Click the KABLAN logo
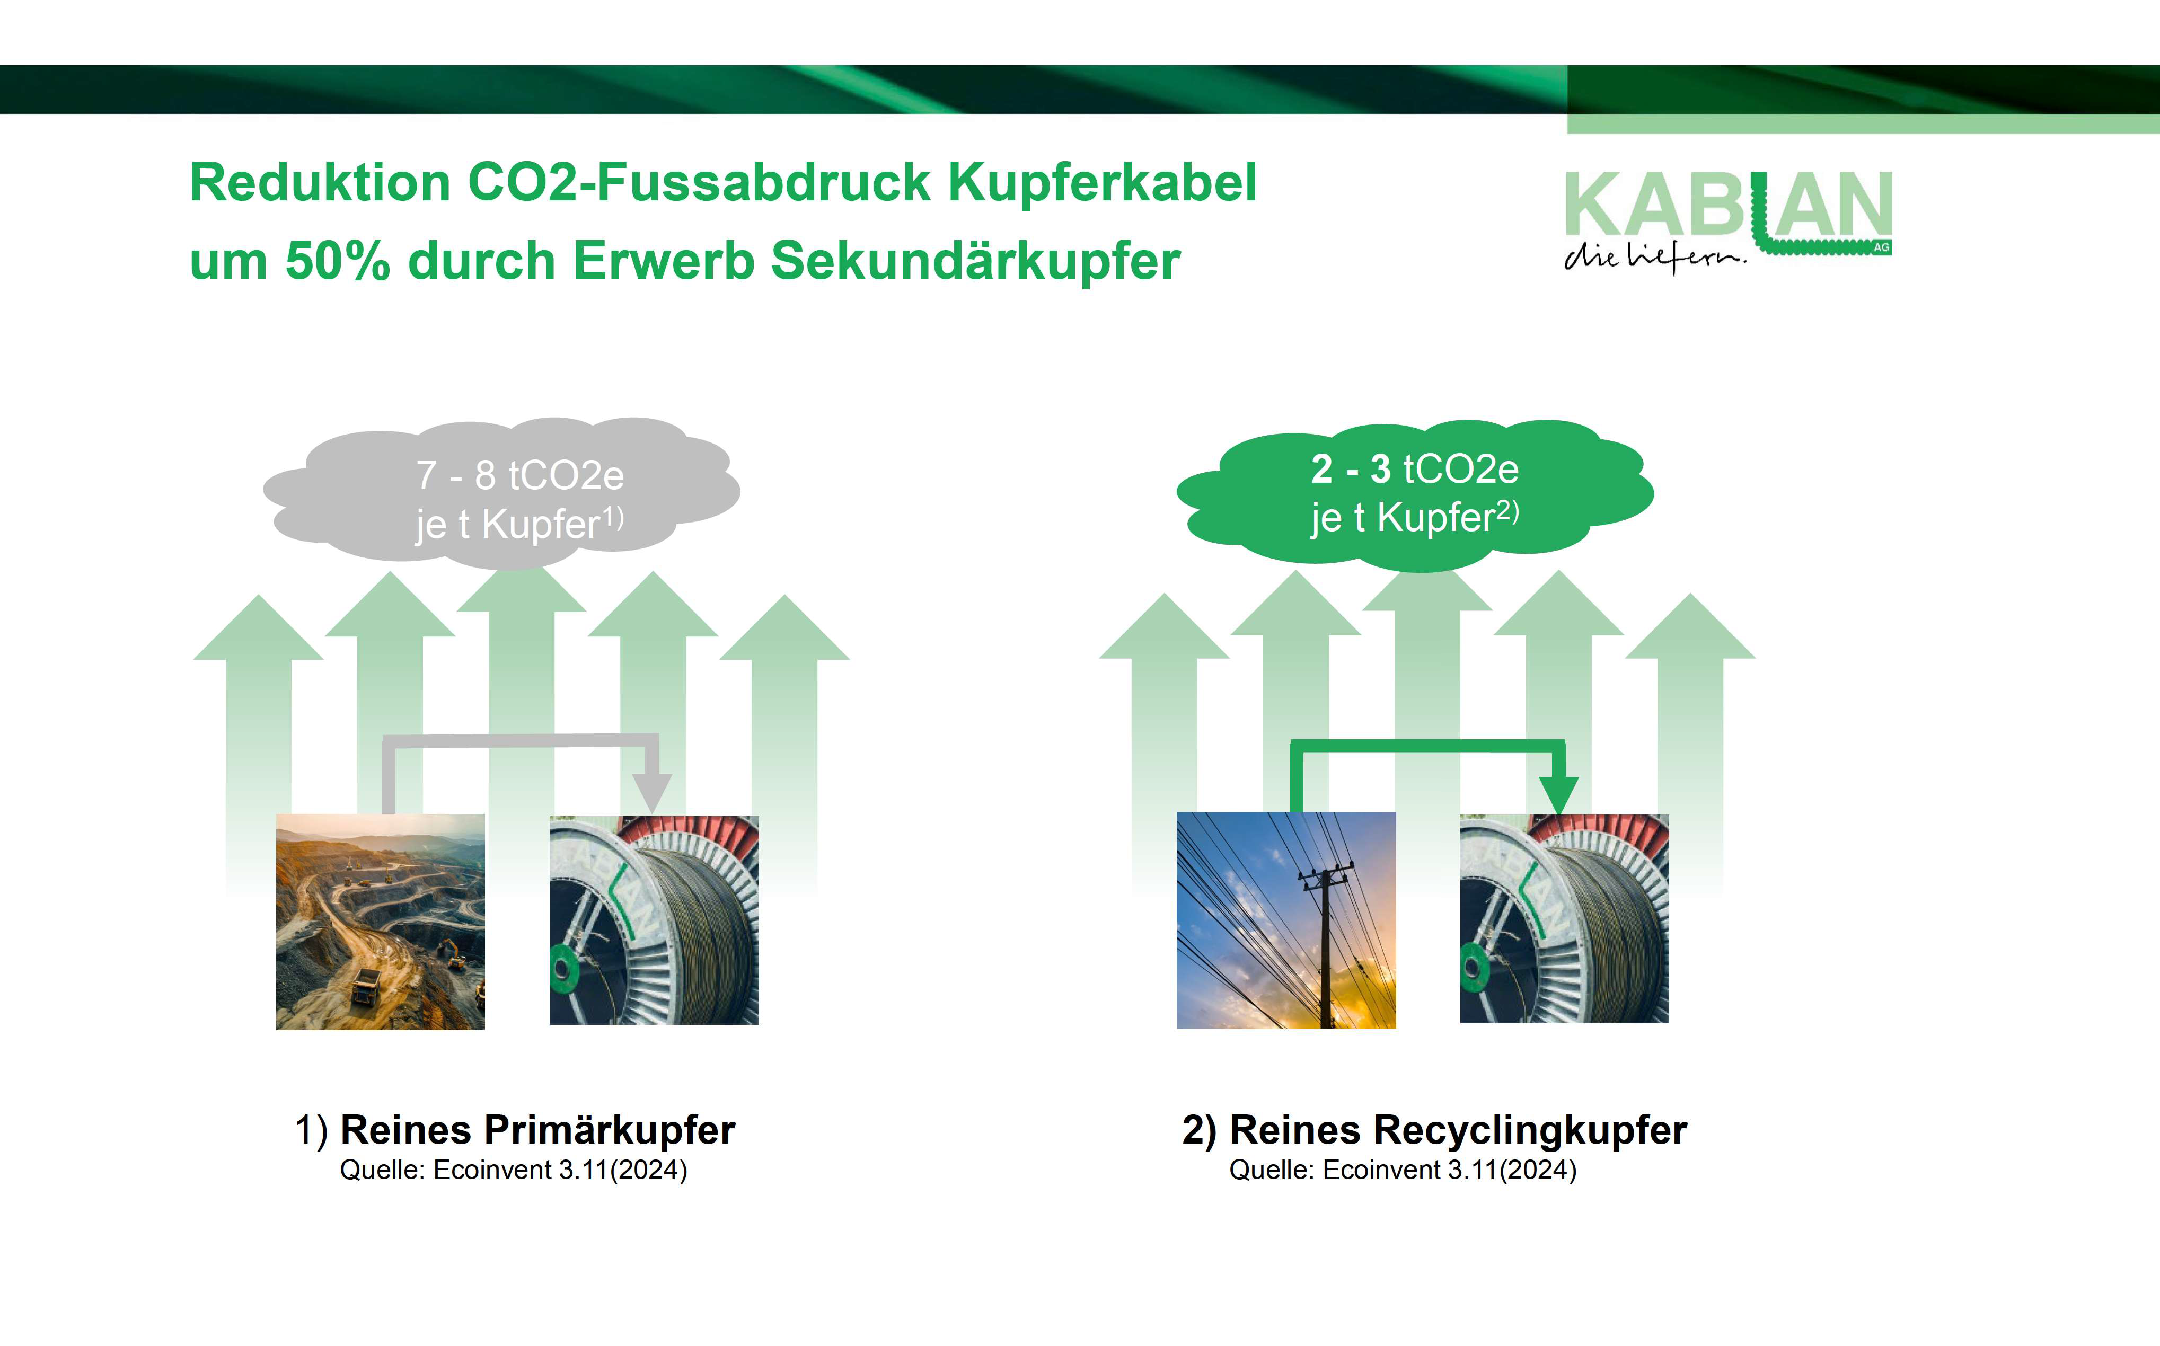(x=1728, y=219)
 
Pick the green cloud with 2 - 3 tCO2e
(x=1415, y=494)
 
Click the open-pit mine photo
(x=380, y=922)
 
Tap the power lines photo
(x=1286, y=920)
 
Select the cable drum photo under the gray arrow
(x=655, y=919)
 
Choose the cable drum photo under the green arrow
(x=1564, y=919)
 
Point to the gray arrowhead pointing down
(x=652, y=791)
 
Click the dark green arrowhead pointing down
(x=1558, y=794)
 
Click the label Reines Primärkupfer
(x=538, y=1130)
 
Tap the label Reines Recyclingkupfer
(x=1458, y=1130)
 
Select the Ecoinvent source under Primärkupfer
(x=514, y=1170)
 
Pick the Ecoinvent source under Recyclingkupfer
(x=1403, y=1170)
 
